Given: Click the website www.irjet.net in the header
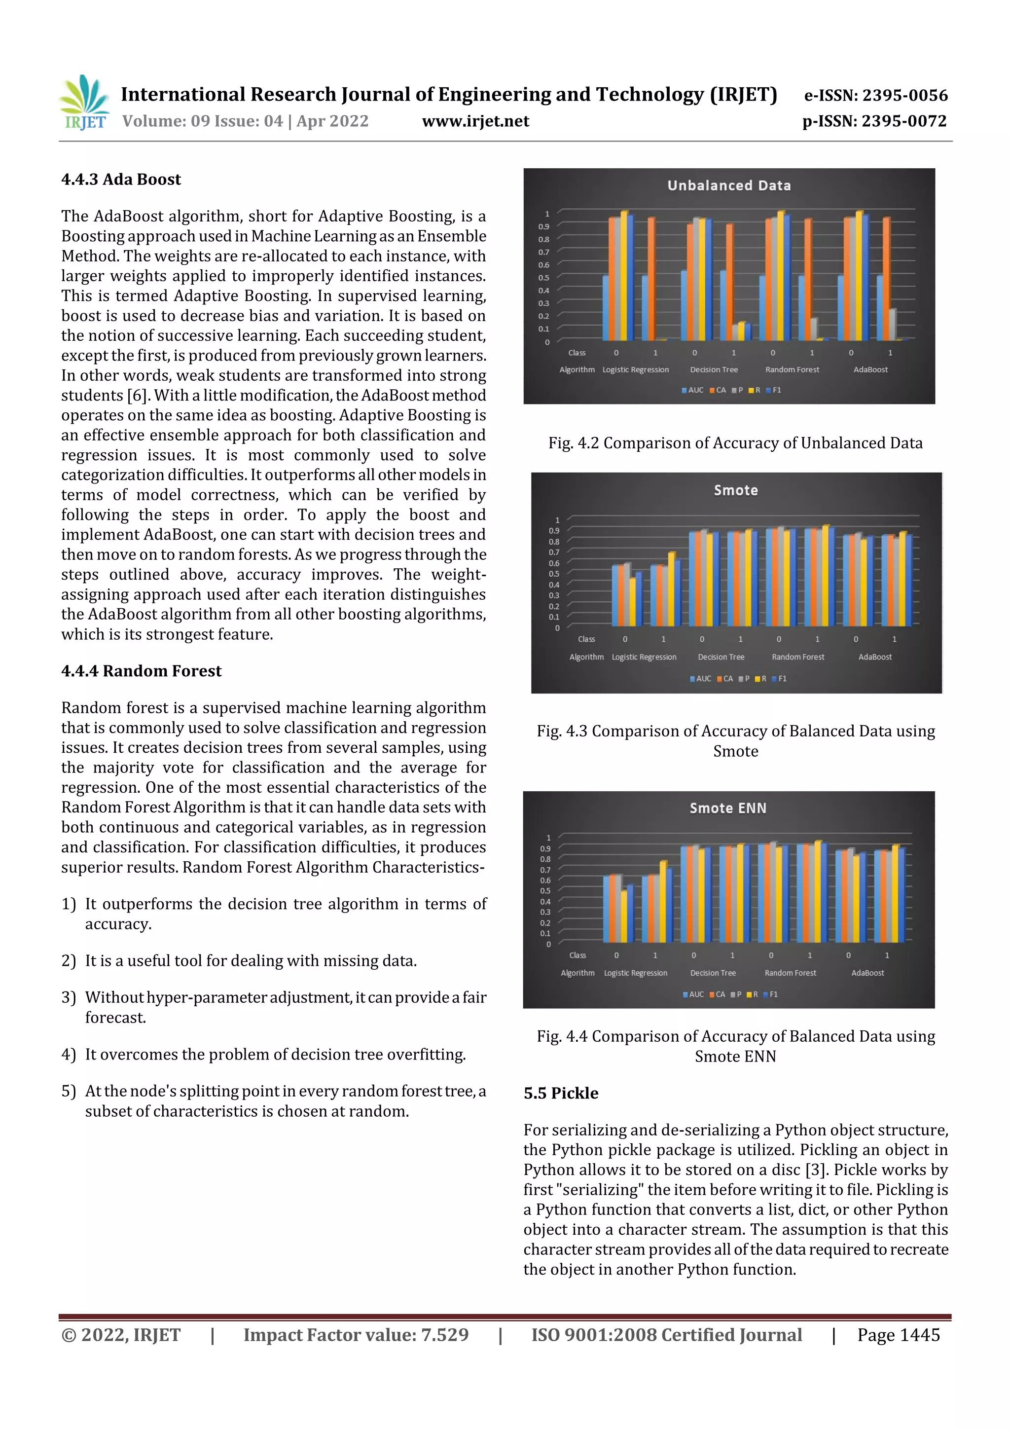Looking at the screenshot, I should coord(475,121).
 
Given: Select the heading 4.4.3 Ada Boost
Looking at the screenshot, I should coord(121,180).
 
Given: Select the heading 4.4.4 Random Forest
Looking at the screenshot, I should coord(141,671).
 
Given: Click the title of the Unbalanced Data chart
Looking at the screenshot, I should coord(729,185).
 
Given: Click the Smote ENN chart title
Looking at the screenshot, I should coord(727,808).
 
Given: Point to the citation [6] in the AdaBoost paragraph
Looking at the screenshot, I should coord(137,396).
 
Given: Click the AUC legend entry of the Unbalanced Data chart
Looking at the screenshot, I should coord(692,390).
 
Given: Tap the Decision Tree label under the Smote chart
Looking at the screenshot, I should coord(721,657).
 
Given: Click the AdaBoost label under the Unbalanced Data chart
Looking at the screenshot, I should coord(870,369).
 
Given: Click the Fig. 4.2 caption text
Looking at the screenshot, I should coord(735,443).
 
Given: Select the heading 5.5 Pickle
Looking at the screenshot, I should coord(561,1094).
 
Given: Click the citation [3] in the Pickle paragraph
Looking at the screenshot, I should coord(816,1170).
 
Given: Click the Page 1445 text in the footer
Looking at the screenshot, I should coord(898,1335).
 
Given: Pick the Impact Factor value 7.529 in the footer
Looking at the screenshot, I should coord(444,1335).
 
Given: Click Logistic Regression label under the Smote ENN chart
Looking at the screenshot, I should coord(635,973).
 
